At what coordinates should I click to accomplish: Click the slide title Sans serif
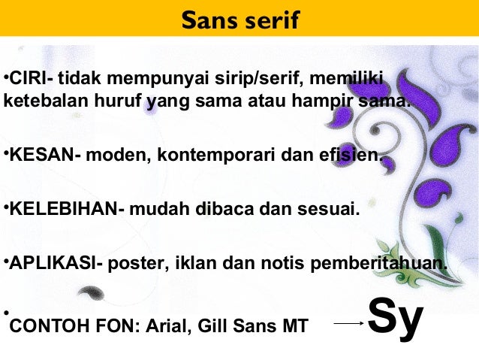239,20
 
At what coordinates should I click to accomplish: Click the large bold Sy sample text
396,319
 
